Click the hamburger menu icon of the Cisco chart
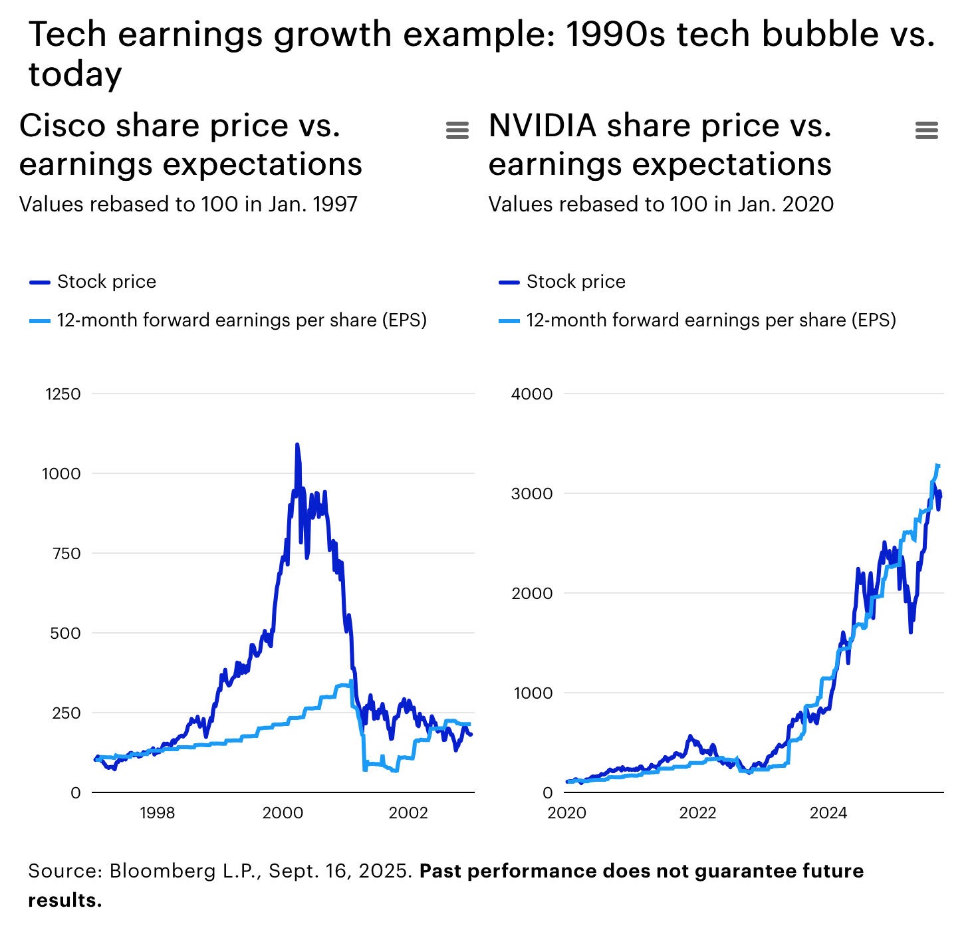(457, 130)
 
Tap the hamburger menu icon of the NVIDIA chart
(926, 130)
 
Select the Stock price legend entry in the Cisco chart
(106, 282)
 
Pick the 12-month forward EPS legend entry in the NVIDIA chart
(711, 320)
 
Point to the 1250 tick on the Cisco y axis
(63, 394)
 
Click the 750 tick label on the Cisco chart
(66, 554)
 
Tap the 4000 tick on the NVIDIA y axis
(532, 394)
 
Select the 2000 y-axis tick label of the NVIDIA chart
(532, 594)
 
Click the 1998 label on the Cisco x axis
(158, 813)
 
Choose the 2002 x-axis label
(408, 813)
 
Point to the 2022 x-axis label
(697, 813)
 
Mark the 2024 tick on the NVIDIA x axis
(828, 813)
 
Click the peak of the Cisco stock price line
(297, 444)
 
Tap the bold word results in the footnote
(64, 900)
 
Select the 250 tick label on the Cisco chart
(66, 713)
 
